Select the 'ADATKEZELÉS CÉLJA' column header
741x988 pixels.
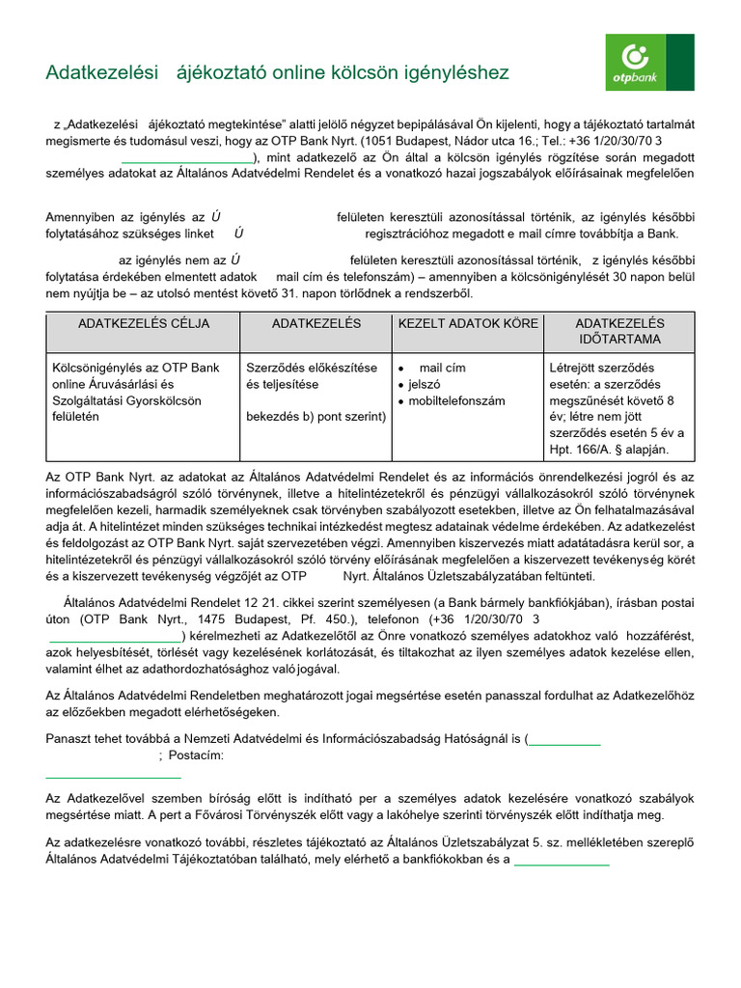[143, 323]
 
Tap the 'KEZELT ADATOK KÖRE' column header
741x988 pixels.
[468, 323]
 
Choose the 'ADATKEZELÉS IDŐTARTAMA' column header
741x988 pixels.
[619, 331]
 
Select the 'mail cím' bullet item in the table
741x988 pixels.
[442, 368]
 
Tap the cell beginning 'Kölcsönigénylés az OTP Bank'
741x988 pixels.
[135, 384]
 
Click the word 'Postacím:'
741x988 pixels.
[196, 755]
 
